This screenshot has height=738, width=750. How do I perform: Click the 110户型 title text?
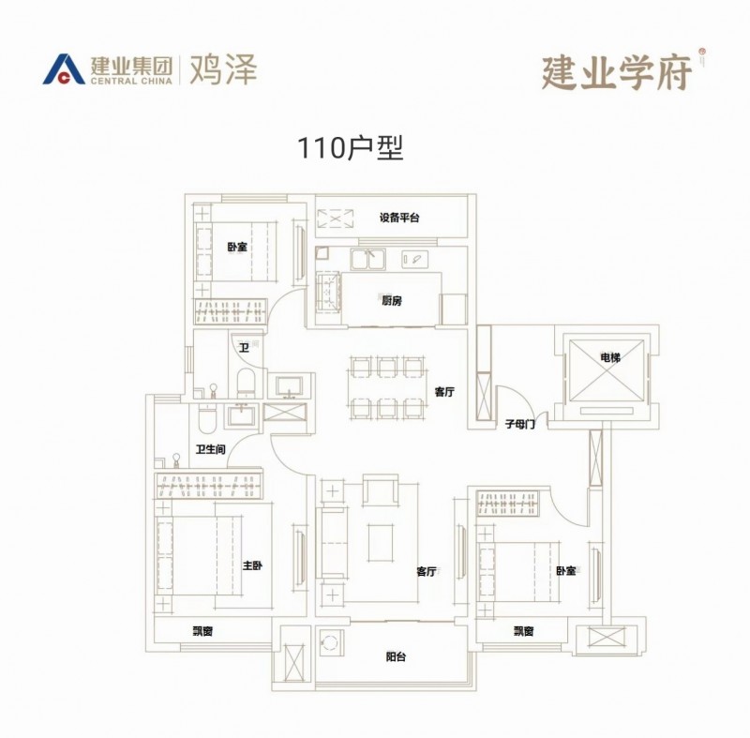(350, 148)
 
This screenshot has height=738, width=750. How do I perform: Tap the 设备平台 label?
(399, 218)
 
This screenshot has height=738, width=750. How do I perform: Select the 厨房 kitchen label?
(392, 300)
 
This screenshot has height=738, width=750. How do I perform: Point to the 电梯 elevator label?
(609, 357)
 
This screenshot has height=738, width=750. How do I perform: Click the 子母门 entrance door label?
(519, 424)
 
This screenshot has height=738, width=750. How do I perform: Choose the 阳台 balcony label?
(396, 657)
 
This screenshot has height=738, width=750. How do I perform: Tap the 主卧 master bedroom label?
(252, 565)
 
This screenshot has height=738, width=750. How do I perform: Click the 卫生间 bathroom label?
(210, 450)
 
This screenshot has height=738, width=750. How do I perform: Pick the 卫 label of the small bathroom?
(244, 348)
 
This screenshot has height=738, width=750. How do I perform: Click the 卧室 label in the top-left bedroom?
(236, 248)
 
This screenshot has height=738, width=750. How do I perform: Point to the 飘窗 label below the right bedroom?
(524, 631)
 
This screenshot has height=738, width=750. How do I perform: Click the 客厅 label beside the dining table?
(444, 393)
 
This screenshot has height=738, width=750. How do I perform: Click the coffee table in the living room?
(379, 542)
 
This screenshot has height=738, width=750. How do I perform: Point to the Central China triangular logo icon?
(66, 69)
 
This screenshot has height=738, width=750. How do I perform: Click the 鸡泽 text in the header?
(223, 69)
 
